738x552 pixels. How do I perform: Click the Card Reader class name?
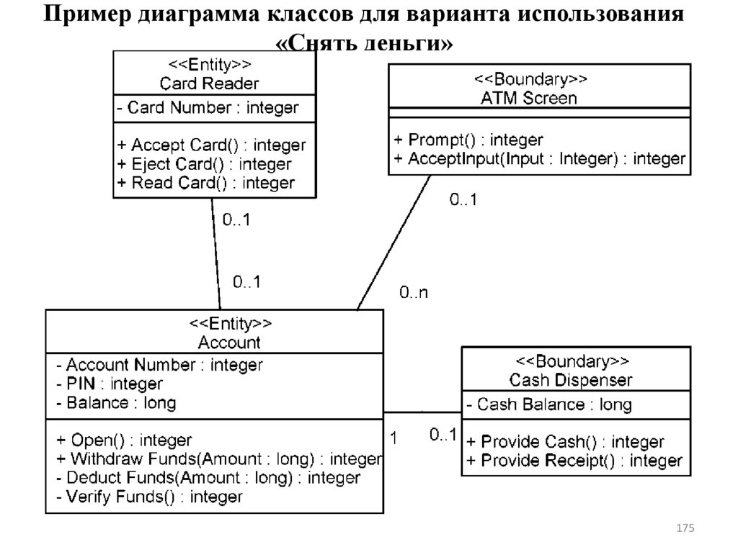click(209, 83)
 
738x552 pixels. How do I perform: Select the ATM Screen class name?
click(529, 98)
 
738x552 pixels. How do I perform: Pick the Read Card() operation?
click(205, 183)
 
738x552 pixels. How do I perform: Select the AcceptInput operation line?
click(540, 158)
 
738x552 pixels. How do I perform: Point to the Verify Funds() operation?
click(149, 496)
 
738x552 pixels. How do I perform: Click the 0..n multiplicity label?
click(414, 293)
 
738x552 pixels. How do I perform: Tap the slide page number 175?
click(685, 529)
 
